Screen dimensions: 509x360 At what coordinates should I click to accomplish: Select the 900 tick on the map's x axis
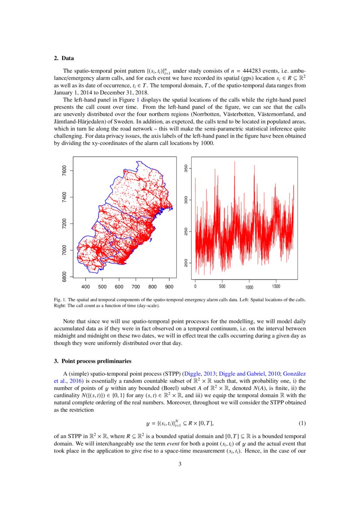(x=169, y=287)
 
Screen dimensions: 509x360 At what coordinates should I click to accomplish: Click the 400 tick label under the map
(x=86, y=287)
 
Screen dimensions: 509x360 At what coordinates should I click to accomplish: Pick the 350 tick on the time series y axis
(x=186, y=169)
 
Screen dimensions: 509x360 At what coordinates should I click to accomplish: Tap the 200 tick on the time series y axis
(x=186, y=263)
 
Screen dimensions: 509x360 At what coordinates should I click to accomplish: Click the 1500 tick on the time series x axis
(x=276, y=287)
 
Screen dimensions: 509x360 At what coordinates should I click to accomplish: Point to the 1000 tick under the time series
(x=249, y=287)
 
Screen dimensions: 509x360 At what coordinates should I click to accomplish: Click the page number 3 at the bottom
(x=180, y=464)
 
